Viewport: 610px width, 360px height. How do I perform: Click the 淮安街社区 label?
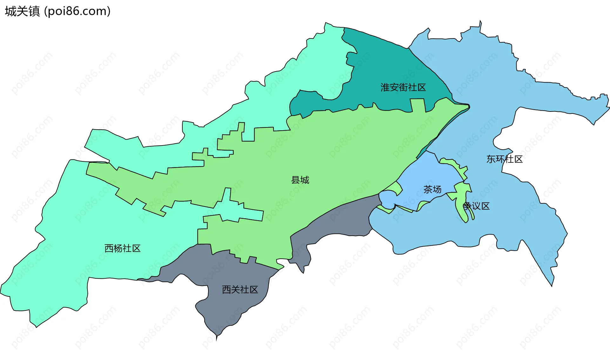[403, 87]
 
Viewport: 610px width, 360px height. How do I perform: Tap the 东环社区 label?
[505, 159]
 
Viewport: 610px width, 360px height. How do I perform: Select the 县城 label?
[300, 180]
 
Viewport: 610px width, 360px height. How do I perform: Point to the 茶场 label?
[432, 190]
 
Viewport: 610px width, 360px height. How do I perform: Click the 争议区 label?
[476, 206]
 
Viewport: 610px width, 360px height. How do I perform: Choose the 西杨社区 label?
[122, 248]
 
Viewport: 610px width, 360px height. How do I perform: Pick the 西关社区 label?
[240, 290]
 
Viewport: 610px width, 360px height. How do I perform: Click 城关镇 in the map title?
[22, 11]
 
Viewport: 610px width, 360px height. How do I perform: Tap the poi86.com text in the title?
[77, 11]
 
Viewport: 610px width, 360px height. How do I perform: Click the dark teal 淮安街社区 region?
[381, 64]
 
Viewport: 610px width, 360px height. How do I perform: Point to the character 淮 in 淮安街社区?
[385, 87]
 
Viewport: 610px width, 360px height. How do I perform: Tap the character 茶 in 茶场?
[428, 190]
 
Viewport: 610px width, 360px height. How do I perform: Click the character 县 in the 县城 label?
[296, 180]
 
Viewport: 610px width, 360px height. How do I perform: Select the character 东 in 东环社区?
[491, 159]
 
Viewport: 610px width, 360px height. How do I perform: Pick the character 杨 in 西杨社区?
[118, 248]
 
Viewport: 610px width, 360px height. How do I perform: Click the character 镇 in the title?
[34, 11]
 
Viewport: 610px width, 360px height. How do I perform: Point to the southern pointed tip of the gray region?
[217, 339]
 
